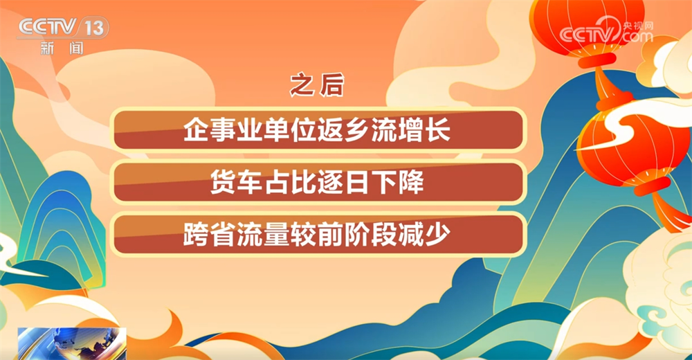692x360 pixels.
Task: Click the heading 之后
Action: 317,86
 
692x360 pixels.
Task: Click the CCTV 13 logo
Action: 62,28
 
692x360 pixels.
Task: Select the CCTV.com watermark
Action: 606,33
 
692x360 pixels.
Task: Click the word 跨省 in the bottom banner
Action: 201,235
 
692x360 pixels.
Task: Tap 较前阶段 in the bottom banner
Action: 343,235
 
